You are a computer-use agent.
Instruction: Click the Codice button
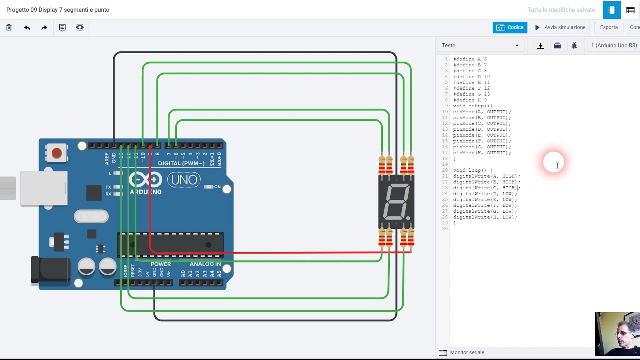pyautogui.click(x=510, y=28)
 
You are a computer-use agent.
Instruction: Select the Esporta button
pyautogui.click(x=609, y=28)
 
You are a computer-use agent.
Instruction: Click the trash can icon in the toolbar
pyautogui.click(x=9, y=28)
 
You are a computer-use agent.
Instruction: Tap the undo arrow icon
pyautogui.click(x=27, y=28)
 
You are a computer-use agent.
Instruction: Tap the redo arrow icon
pyautogui.click(x=44, y=28)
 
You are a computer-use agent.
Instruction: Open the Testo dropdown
pyautogui.click(x=480, y=46)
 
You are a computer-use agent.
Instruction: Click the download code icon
pyautogui.click(x=540, y=46)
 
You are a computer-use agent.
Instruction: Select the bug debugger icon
pyautogui.click(x=574, y=46)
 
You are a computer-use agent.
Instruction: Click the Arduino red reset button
pyautogui.click(x=57, y=153)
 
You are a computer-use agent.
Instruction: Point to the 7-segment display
pyautogui.click(x=396, y=202)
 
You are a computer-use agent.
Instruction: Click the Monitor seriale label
pyautogui.click(x=467, y=353)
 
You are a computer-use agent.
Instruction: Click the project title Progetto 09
pyautogui.click(x=58, y=10)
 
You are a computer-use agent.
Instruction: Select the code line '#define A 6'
pyautogui.click(x=470, y=59)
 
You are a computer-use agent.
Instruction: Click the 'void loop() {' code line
pyautogui.click(x=473, y=170)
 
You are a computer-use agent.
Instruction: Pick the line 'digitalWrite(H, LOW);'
pyautogui.click(x=485, y=217)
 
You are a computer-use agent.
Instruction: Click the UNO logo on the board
pyautogui.click(x=184, y=180)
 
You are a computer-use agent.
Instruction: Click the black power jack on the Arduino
pyautogui.click(x=50, y=270)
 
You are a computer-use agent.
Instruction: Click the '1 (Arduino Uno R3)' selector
pyautogui.click(x=614, y=46)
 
